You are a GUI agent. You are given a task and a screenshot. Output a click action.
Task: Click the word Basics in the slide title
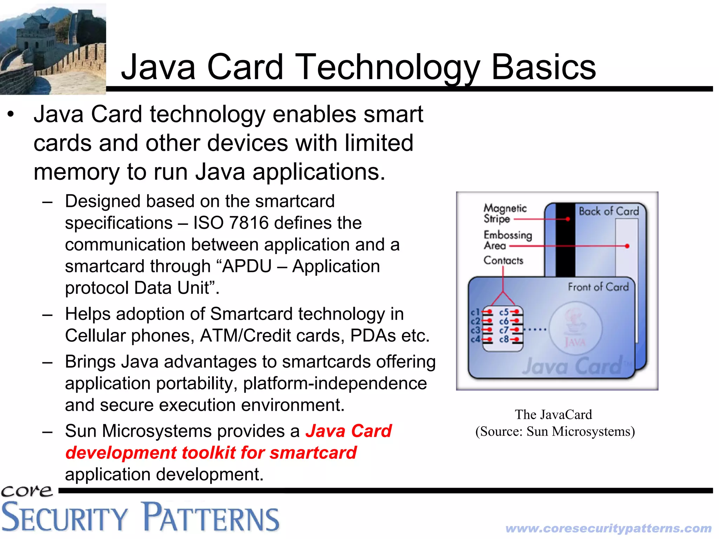coord(543,67)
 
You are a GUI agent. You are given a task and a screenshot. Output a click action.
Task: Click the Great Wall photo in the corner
coord(53,48)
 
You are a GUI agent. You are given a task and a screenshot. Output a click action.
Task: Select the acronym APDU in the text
coord(247,266)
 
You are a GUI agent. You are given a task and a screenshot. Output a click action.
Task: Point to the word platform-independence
coord(335,383)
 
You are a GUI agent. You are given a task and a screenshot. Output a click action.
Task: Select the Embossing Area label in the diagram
coord(507,240)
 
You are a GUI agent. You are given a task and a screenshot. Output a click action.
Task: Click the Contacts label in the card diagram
coord(503,260)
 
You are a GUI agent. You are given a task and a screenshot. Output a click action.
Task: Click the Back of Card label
coord(608,211)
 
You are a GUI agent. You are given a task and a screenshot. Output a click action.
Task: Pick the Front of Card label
coord(598,287)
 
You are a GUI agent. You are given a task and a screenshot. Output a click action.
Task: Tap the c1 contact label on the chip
coord(475,312)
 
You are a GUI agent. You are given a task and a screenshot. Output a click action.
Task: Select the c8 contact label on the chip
coord(504,339)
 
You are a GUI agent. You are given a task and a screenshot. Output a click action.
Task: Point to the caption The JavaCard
coord(553,415)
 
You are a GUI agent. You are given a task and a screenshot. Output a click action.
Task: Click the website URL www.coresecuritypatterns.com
coord(608,528)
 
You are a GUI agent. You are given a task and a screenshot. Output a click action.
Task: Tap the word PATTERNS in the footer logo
coord(211,518)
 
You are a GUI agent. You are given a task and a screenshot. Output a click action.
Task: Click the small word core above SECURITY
coord(27,491)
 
